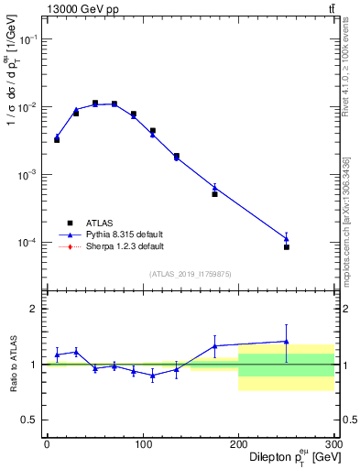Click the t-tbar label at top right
331,8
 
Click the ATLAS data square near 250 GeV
287,247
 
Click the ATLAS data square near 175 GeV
214,194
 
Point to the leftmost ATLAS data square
57,140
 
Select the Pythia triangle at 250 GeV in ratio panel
287,342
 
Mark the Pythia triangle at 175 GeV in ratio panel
214,346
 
